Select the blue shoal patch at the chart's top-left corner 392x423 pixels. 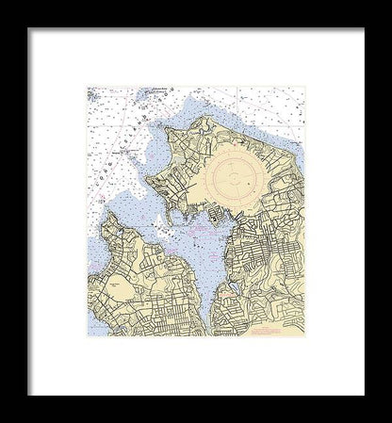coord(95,96)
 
